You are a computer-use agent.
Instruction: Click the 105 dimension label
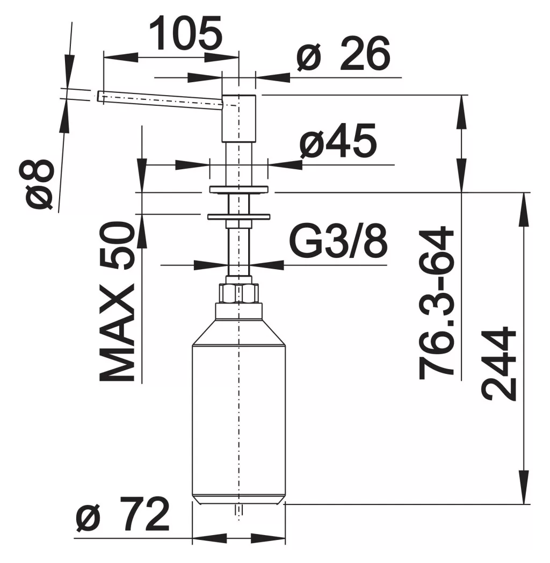[x=186, y=33]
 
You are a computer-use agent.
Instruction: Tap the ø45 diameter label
[x=338, y=141]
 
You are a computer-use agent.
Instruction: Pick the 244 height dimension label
[x=498, y=363]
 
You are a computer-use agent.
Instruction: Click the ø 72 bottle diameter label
[x=123, y=515]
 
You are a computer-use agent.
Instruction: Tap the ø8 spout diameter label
[x=39, y=184]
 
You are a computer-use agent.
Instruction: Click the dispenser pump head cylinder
[x=239, y=118]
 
